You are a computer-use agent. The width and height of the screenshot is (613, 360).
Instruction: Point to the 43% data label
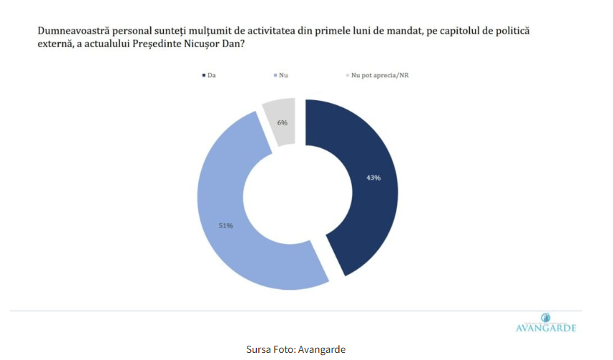[x=373, y=177]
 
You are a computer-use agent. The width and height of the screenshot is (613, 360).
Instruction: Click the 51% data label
[x=226, y=225]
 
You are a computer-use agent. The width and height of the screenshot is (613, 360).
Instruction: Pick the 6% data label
[x=283, y=122]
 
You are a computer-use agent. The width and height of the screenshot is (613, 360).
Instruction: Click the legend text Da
[x=212, y=75]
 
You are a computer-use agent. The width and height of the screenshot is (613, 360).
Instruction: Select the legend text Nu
[x=284, y=75]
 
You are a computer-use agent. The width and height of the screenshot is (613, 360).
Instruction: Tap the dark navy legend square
[x=205, y=75]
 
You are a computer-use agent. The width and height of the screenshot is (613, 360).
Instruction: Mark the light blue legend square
[x=275, y=75]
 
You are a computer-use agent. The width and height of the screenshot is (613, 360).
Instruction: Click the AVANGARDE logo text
[x=546, y=329]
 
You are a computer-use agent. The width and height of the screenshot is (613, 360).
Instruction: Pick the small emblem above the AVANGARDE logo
[x=546, y=317]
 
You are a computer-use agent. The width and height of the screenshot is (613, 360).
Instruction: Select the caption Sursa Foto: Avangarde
[x=296, y=349]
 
